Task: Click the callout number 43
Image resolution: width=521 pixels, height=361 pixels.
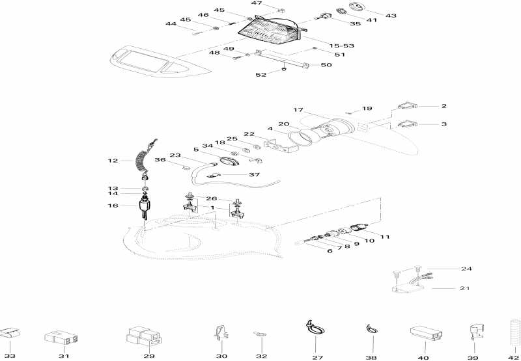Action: click(391, 14)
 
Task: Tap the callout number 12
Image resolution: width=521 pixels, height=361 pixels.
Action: click(113, 160)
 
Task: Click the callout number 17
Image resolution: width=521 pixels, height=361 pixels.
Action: click(298, 110)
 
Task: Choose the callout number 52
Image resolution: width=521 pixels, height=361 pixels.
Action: click(260, 75)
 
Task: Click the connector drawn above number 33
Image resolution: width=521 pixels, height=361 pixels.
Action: click(10, 335)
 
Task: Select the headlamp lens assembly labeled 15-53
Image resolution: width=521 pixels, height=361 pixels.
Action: click(270, 27)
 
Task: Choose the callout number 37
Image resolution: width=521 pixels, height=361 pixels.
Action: click(254, 175)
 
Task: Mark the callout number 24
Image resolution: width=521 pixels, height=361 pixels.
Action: click(466, 269)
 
